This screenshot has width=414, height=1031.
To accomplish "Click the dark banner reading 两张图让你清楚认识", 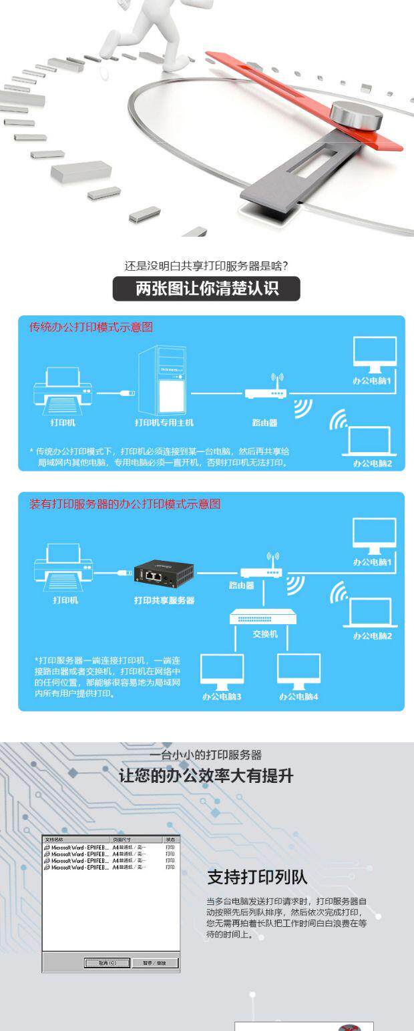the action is [206, 289].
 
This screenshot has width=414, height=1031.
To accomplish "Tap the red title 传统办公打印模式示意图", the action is [91, 327].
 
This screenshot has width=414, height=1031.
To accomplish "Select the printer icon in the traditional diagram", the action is [62, 390].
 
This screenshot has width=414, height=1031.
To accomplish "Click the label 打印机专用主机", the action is [164, 423].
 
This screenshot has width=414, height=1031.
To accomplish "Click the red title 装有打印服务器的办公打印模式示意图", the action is [124, 505].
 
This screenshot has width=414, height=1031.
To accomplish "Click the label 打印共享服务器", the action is [164, 600].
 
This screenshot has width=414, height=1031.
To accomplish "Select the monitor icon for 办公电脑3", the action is [222, 671].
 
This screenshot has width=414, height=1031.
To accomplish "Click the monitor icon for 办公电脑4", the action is [298, 671].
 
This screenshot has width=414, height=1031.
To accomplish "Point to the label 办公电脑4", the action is [298, 697].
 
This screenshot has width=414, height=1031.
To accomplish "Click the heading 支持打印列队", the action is [257, 877].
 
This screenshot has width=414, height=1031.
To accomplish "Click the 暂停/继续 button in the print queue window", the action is [156, 963].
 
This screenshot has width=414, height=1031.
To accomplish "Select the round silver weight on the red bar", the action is [357, 115].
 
